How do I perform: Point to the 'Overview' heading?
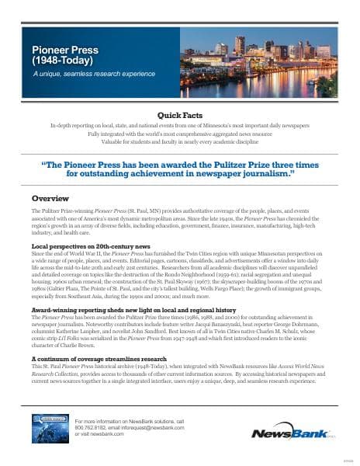tap(48, 198)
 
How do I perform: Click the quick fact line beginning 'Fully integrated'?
tap(179, 133)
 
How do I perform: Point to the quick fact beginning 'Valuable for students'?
tap(179, 141)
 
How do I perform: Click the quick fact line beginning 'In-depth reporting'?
tap(179, 125)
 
